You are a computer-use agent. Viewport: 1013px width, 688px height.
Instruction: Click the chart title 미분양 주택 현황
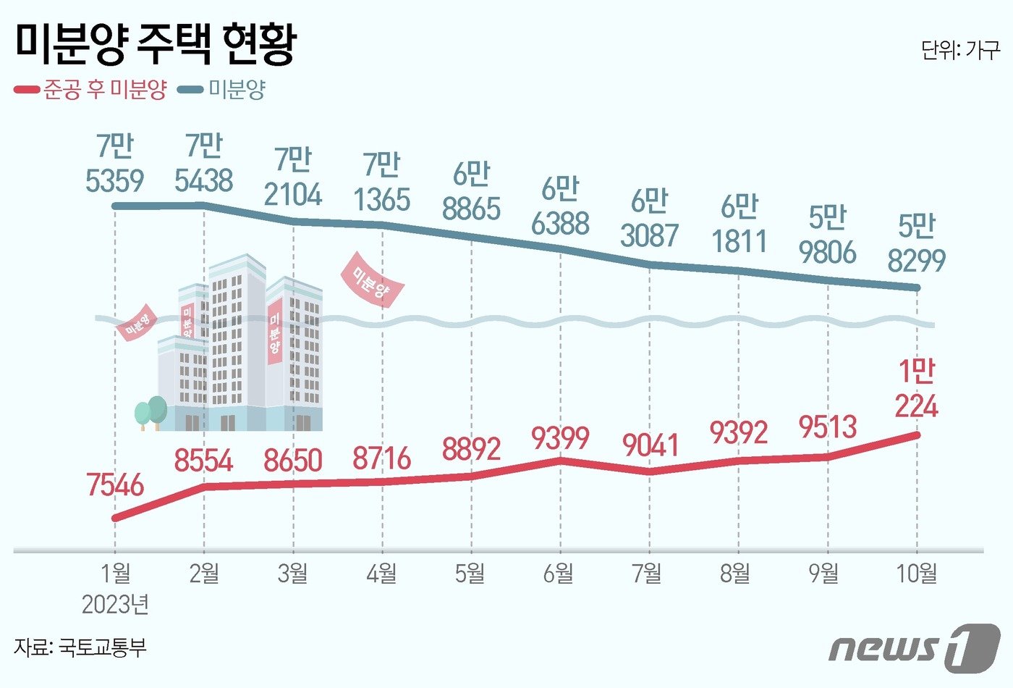click(156, 45)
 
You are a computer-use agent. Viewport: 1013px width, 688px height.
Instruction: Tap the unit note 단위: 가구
click(960, 50)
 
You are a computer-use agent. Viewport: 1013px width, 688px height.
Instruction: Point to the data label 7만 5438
click(203, 164)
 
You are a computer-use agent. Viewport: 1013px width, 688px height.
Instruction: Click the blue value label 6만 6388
click(560, 207)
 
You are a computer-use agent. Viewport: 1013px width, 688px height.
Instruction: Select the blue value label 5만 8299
click(917, 243)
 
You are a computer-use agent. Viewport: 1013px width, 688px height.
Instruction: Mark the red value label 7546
click(115, 485)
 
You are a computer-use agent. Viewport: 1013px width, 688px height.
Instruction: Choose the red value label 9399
click(560, 437)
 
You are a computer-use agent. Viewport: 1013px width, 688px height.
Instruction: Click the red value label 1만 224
click(916, 389)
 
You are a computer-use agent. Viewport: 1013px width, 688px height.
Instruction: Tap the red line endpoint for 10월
click(917, 435)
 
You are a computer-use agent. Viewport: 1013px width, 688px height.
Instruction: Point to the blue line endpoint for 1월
click(115, 206)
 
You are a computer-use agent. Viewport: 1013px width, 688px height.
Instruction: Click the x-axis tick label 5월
click(470, 574)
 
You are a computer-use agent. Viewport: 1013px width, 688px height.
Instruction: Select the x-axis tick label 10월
click(917, 574)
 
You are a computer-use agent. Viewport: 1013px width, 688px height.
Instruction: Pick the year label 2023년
click(115, 603)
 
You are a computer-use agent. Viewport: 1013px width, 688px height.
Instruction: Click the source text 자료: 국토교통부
click(80, 647)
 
